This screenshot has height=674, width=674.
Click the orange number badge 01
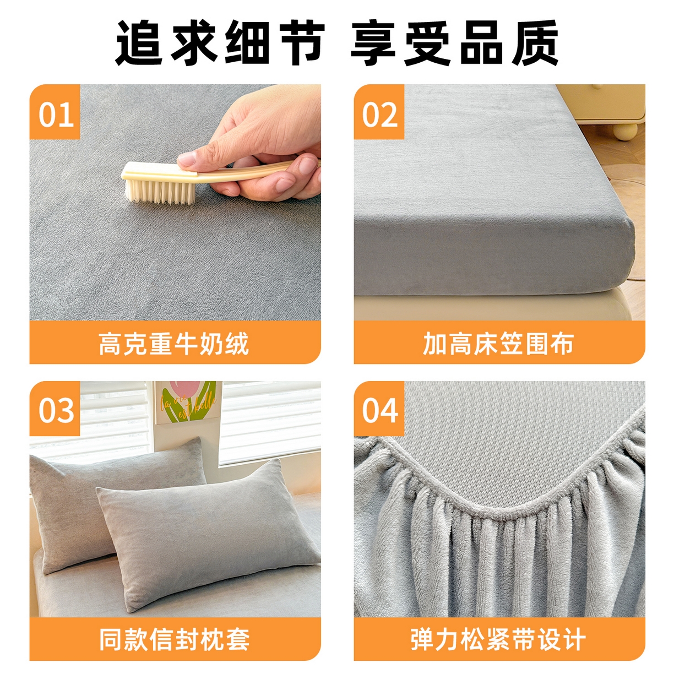[55, 112]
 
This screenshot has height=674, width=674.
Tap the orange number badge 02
[379, 112]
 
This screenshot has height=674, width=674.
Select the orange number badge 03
[55, 409]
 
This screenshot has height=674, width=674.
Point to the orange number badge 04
[379, 409]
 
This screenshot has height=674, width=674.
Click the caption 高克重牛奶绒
[174, 344]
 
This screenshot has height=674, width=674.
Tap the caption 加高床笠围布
[498, 344]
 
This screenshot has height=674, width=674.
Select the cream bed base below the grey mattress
[490, 307]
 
